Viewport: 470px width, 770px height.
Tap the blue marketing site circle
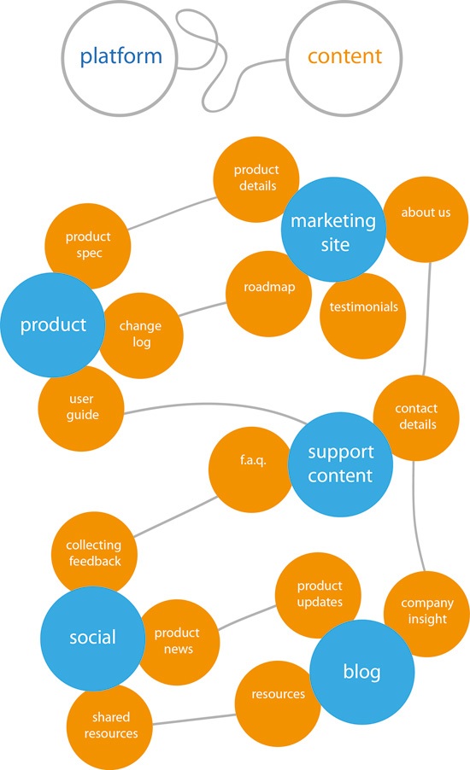point(333,231)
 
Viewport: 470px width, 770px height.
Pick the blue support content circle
point(340,464)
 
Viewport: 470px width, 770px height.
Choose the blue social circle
point(92,637)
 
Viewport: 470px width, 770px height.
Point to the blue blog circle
point(361,671)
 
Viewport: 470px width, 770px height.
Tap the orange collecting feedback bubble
point(93,552)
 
